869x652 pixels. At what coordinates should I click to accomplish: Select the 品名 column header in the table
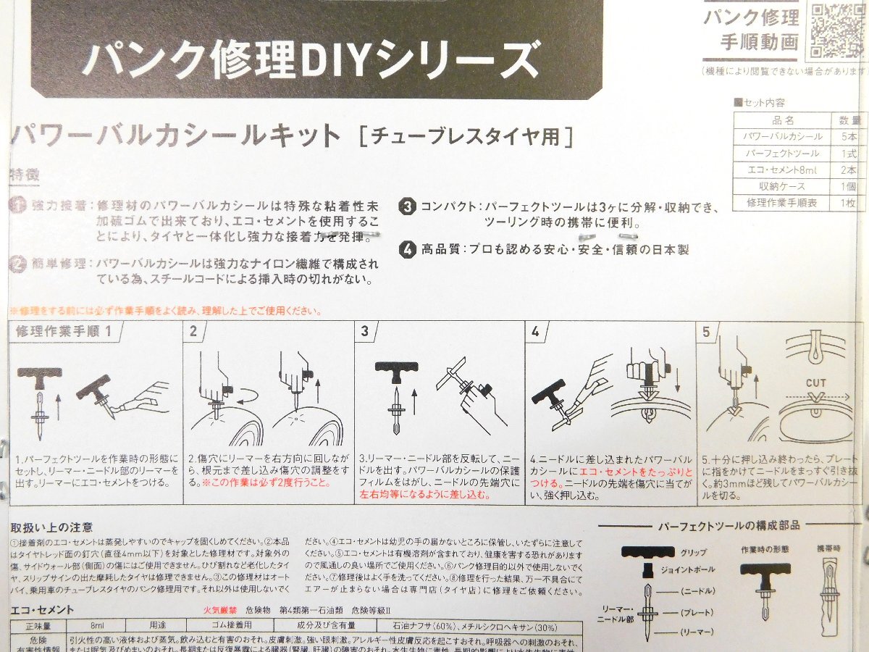[x=783, y=120]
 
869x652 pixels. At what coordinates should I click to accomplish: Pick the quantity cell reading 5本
[x=849, y=137]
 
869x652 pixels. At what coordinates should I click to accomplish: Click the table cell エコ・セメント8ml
[x=783, y=170]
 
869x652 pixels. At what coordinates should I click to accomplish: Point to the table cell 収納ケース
[x=783, y=187]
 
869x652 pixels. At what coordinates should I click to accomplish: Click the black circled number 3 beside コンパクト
[x=408, y=206]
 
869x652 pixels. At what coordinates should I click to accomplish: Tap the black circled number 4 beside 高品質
[x=408, y=249]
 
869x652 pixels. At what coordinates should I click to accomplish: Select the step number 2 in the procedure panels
[x=193, y=331]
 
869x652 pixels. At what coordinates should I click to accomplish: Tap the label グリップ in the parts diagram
[x=693, y=552]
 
